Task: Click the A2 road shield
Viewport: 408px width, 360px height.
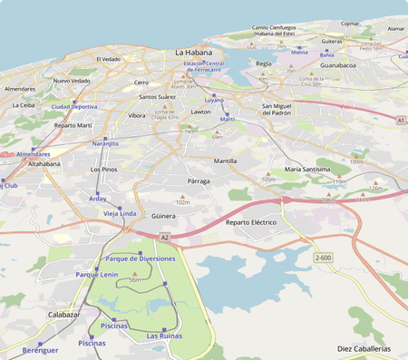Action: coord(164,237)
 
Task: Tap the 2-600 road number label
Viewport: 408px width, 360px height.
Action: coord(324,258)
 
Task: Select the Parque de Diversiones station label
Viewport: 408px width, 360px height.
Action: coord(141,258)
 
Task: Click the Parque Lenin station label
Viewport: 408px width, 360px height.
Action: coord(96,274)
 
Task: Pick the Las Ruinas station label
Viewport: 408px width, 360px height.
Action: coord(164,336)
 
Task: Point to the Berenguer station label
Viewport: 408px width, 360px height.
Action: coord(40,349)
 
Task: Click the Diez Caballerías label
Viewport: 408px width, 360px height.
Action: coord(364,348)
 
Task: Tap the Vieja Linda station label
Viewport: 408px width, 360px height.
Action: coord(120,213)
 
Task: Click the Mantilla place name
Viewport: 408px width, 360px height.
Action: coord(225,161)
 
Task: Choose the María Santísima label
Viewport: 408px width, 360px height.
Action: coord(306,169)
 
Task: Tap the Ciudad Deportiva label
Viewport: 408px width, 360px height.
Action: coord(73,106)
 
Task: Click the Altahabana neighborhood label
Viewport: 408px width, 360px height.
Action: coord(44,164)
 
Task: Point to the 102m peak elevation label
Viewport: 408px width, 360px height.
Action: coord(182,202)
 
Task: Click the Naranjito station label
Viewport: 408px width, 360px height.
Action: coord(105,143)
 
